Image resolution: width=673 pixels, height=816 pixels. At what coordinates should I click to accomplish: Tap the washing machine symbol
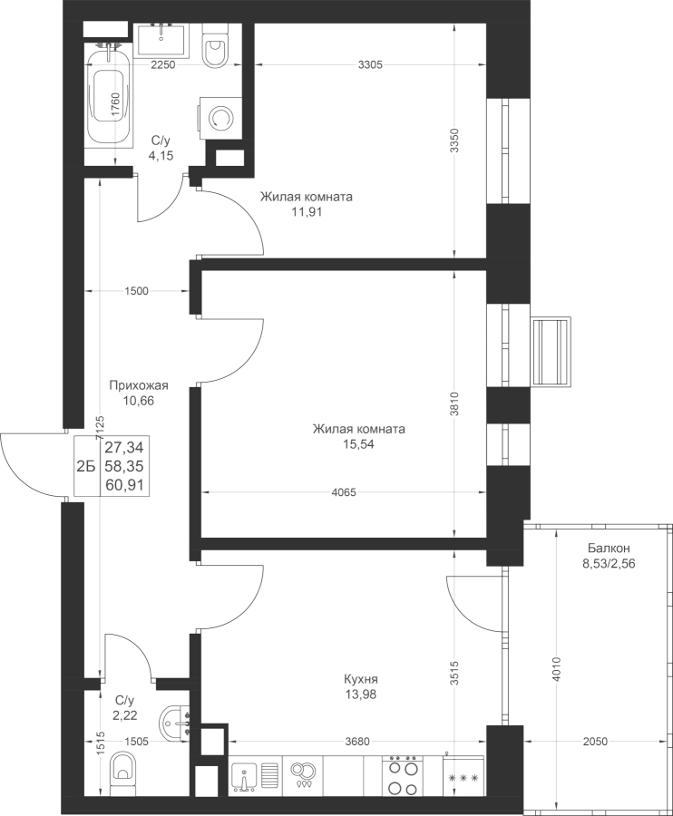tap(220, 118)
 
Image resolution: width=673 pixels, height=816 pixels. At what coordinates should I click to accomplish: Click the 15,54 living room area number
tap(357, 444)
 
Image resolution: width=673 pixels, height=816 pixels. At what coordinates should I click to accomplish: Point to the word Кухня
tap(360, 679)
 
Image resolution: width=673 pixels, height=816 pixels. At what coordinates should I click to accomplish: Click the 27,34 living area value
tap(126, 447)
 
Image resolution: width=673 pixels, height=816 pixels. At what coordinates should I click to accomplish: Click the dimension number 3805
tap(370, 64)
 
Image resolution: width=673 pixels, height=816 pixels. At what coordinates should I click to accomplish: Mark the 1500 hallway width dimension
tap(136, 291)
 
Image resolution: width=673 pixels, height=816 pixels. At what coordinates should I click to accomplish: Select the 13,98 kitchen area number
tap(360, 694)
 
